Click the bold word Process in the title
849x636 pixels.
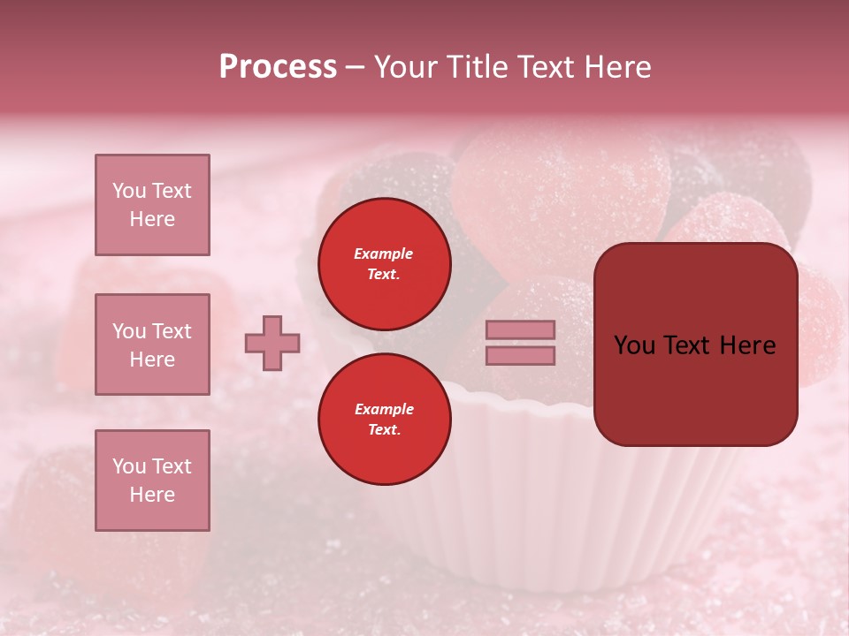click(278, 67)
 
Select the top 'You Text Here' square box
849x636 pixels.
click(152, 205)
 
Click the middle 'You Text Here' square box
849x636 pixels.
click(152, 344)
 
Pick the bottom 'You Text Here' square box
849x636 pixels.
click(152, 481)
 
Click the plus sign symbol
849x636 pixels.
click(272, 343)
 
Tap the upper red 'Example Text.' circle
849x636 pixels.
click(385, 264)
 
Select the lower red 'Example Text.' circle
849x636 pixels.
click(385, 420)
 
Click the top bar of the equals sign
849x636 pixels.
click(520, 329)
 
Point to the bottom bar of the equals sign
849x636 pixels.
click(520, 355)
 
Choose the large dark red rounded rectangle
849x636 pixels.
click(695, 344)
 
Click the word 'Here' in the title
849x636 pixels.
click(618, 67)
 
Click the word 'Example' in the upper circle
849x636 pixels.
click(384, 254)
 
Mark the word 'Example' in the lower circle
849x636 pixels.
click(384, 409)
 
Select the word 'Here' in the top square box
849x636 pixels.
click(152, 219)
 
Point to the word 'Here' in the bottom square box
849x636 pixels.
click(152, 495)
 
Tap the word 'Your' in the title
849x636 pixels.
click(406, 67)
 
